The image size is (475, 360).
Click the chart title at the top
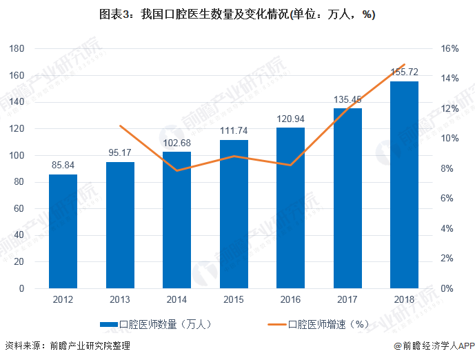(237, 15)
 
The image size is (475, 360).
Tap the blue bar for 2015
(234, 214)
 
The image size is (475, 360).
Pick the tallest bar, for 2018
(404, 185)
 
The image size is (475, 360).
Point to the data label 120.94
(290, 118)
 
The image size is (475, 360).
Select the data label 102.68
(176, 142)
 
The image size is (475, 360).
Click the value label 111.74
(234, 130)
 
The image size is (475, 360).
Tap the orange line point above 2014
(177, 170)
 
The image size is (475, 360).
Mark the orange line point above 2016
(290, 166)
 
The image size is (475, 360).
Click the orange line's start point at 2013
(120, 126)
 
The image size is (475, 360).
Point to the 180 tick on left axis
(17, 49)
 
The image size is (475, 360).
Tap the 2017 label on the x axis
(347, 300)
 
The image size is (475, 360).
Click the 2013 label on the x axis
(120, 300)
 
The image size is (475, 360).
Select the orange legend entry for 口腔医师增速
(317, 323)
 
